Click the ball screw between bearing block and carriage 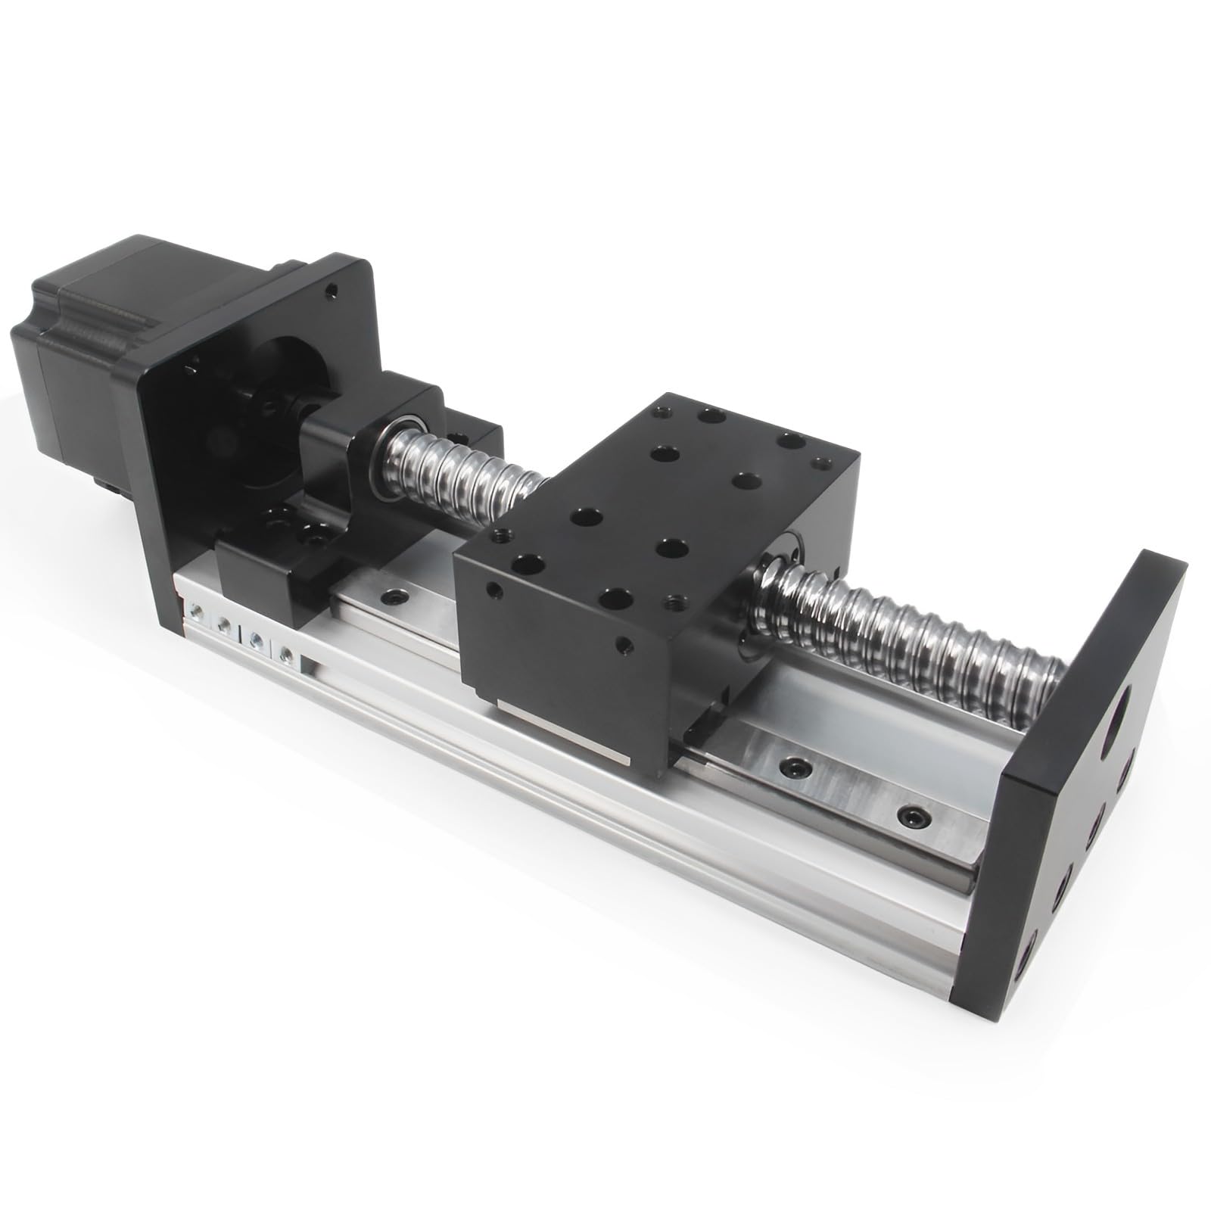click(x=462, y=462)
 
